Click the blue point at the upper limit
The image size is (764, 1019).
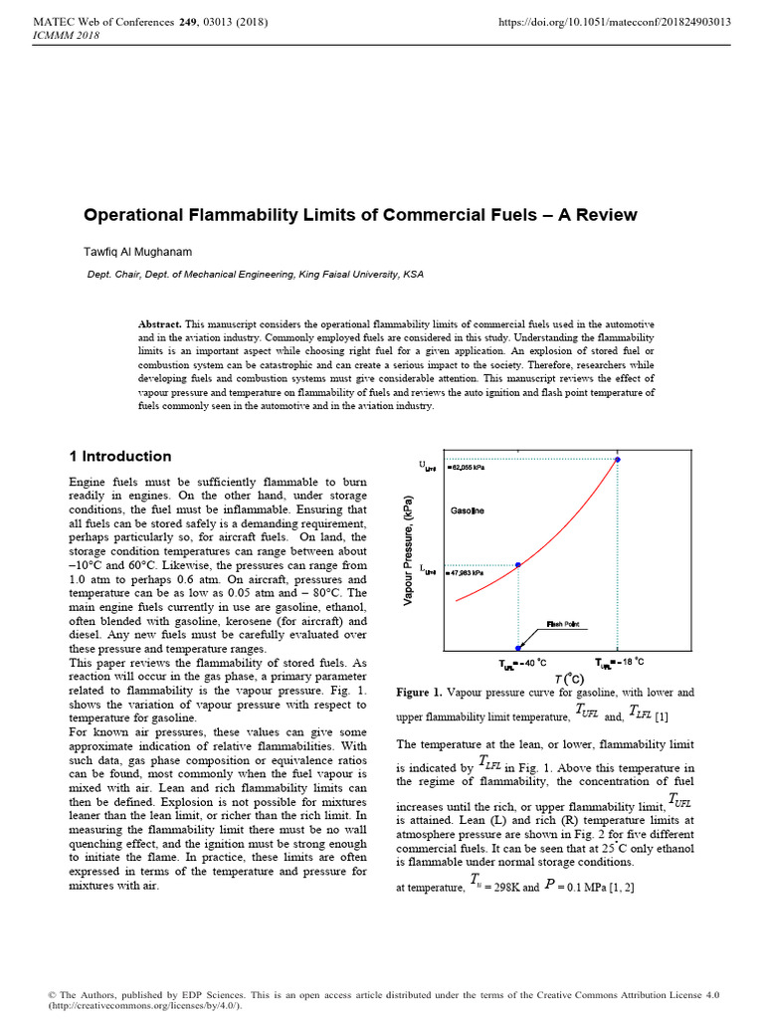click(x=618, y=460)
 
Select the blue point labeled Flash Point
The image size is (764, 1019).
click(x=517, y=647)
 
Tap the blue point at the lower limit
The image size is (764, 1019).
click(x=517, y=564)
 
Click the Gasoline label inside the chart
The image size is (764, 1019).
click(x=468, y=511)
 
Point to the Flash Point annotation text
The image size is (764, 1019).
click(x=562, y=624)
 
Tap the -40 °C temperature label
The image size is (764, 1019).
click(x=523, y=663)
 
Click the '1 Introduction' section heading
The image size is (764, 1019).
click(x=119, y=457)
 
